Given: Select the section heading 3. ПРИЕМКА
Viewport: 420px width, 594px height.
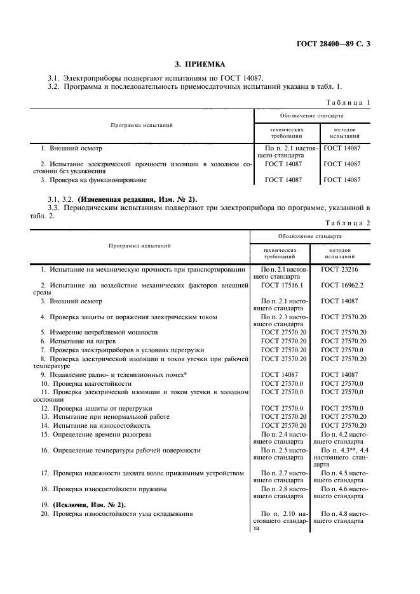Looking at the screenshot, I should coord(200,64).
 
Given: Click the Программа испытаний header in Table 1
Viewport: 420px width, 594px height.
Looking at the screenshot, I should coord(142,125).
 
